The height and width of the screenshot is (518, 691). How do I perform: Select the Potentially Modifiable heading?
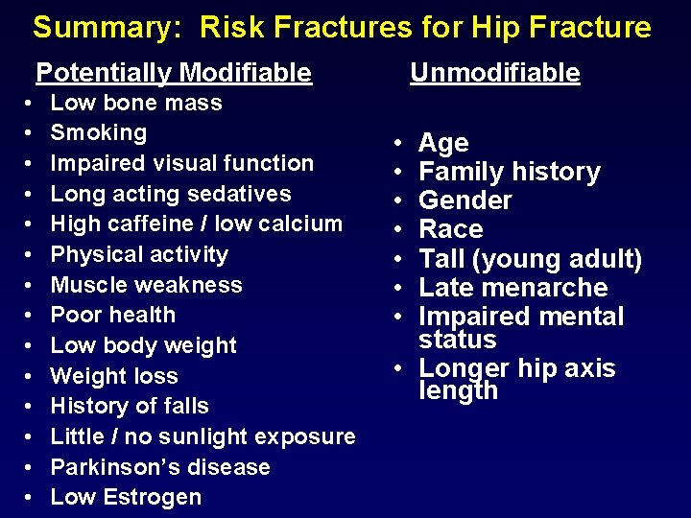click(174, 72)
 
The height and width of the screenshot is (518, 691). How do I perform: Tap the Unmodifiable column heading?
click(494, 72)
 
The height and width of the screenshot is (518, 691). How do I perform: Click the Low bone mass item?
click(136, 103)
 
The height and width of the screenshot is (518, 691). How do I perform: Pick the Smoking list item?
click(98, 132)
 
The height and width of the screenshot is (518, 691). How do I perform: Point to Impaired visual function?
click(181, 163)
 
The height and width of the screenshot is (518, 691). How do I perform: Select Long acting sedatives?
click(170, 194)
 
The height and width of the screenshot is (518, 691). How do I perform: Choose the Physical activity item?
click(139, 254)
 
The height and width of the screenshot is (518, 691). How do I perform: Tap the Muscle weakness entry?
click(146, 285)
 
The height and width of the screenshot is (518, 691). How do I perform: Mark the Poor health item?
click(112, 315)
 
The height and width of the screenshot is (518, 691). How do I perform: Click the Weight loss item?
click(113, 376)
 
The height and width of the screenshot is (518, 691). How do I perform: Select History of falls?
click(130, 406)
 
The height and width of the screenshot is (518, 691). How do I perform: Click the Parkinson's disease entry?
click(159, 467)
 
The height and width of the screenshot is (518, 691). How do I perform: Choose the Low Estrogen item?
click(126, 497)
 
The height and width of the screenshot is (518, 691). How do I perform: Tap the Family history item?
click(510, 172)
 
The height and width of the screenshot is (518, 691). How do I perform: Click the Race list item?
click(450, 229)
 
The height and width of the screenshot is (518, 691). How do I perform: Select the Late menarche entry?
click(512, 287)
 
